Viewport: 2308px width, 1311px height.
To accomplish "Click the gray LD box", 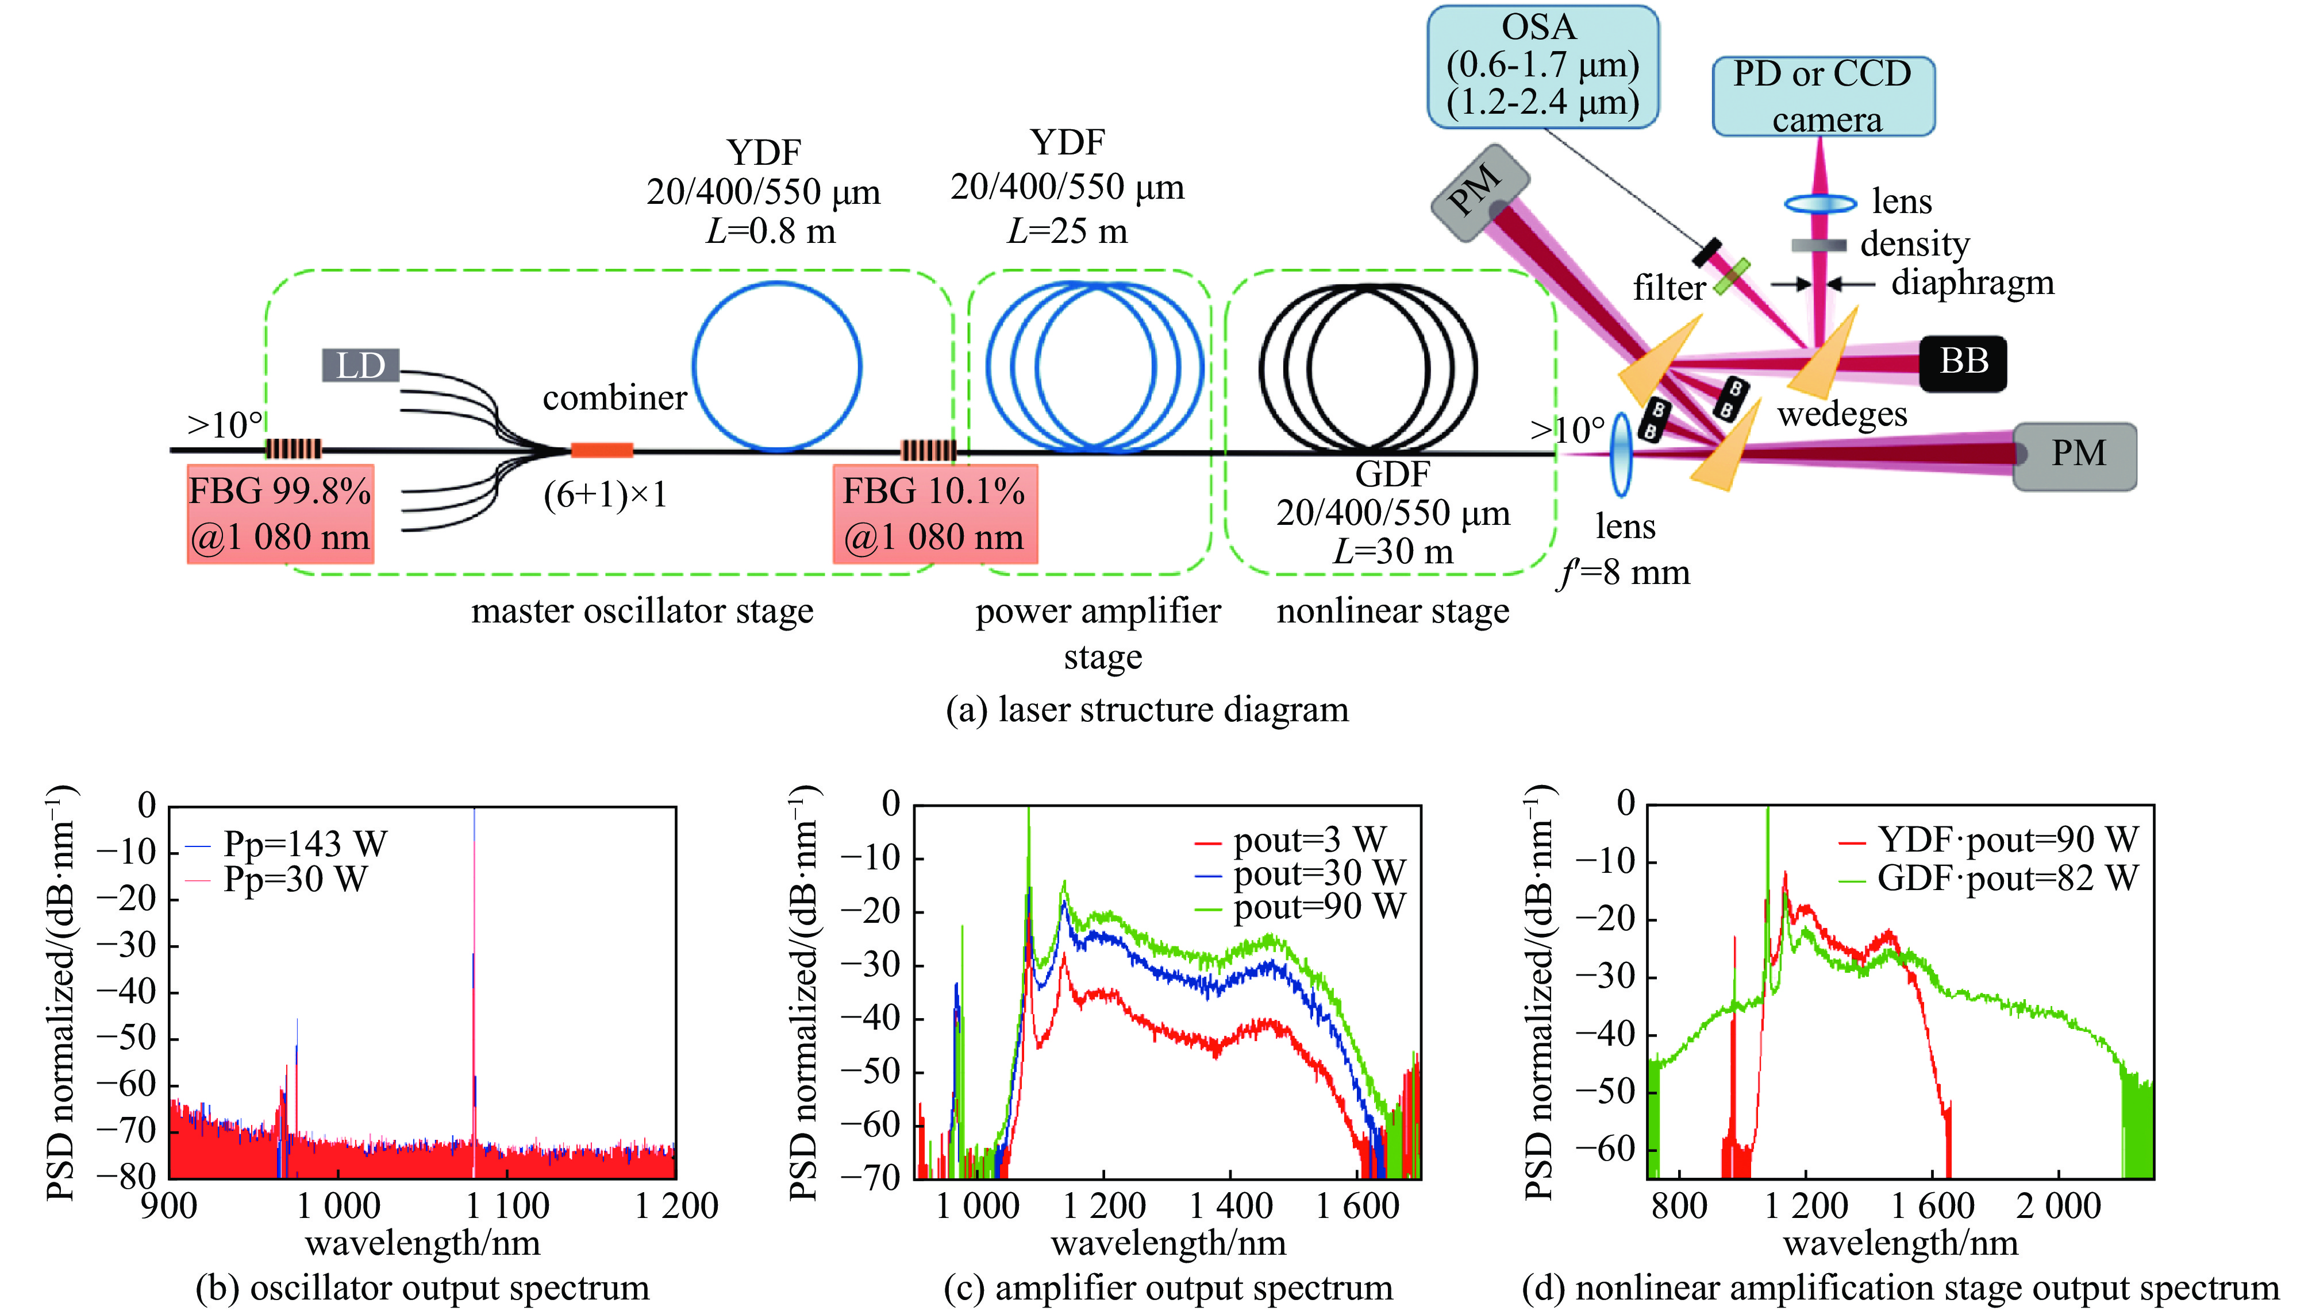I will click(360, 366).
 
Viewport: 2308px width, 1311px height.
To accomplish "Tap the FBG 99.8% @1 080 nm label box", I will click(280, 514).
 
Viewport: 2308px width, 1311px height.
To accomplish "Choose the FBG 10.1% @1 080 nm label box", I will click(934, 514).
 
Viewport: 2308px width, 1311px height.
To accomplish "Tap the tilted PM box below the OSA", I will click(1479, 193).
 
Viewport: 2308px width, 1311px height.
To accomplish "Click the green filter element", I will click(1732, 276).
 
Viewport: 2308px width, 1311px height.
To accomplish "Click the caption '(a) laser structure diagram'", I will click(1147, 710).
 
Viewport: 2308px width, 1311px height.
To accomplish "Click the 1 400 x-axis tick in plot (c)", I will click(1230, 1206).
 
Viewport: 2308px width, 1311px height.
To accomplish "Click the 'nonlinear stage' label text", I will click(1393, 612).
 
